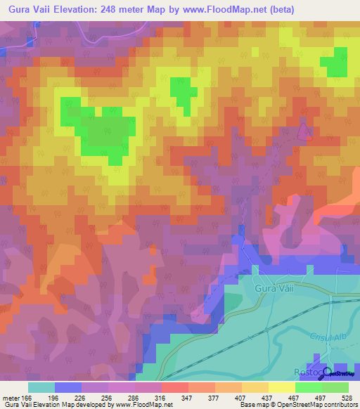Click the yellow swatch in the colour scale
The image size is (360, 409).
tap(282, 387)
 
